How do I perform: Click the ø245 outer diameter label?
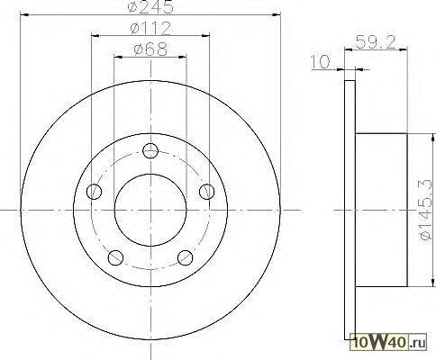pos(150,6)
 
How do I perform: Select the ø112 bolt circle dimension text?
pos(150,28)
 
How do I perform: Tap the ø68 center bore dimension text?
pos(150,49)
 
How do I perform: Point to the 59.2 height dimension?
pos(375,42)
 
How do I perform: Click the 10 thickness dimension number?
pos(320,62)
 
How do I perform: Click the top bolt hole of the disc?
pos(150,150)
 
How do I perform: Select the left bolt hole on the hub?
pos(94,192)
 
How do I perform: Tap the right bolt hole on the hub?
pos(207,192)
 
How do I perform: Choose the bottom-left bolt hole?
pos(115,257)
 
